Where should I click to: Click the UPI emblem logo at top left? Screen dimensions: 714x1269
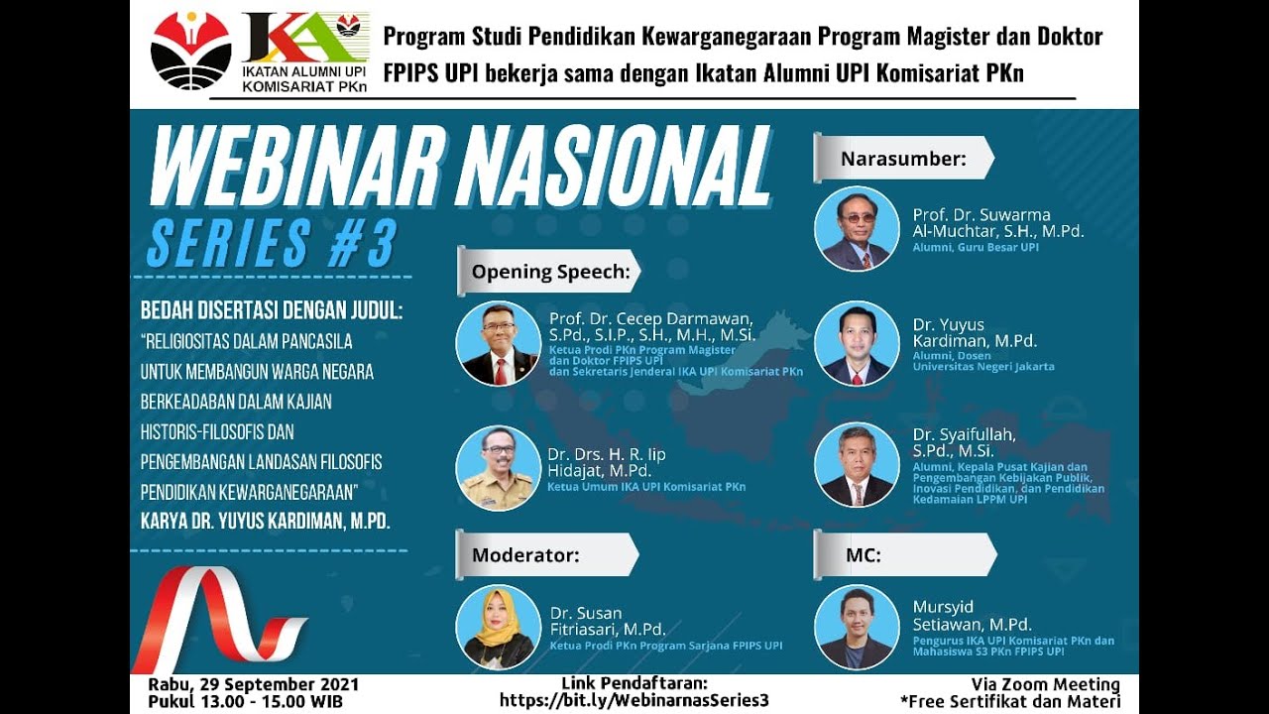point(190,51)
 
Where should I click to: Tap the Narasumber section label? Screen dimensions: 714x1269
point(903,159)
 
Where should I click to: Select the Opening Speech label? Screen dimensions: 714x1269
point(550,272)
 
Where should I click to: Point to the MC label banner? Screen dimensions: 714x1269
point(863,555)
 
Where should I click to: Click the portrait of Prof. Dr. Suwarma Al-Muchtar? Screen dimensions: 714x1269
point(857,229)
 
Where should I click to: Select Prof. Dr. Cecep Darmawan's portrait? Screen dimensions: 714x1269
point(498,343)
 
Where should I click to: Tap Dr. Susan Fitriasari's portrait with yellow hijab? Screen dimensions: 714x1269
point(498,627)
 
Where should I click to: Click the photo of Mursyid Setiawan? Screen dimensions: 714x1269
point(857,627)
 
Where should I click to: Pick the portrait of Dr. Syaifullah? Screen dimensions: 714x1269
point(857,465)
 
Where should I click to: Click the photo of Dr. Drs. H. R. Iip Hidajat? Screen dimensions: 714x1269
point(498,468)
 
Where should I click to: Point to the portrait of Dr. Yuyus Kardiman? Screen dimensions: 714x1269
point(857,343)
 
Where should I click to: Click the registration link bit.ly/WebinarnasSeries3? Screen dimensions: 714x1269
point(634,700)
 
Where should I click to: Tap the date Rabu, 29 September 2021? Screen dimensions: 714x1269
point(254,684)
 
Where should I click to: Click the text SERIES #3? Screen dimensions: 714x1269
point(272,244)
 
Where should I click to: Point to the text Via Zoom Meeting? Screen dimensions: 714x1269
point(1046,684)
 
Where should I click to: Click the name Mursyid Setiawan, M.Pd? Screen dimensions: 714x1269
point(972,616)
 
